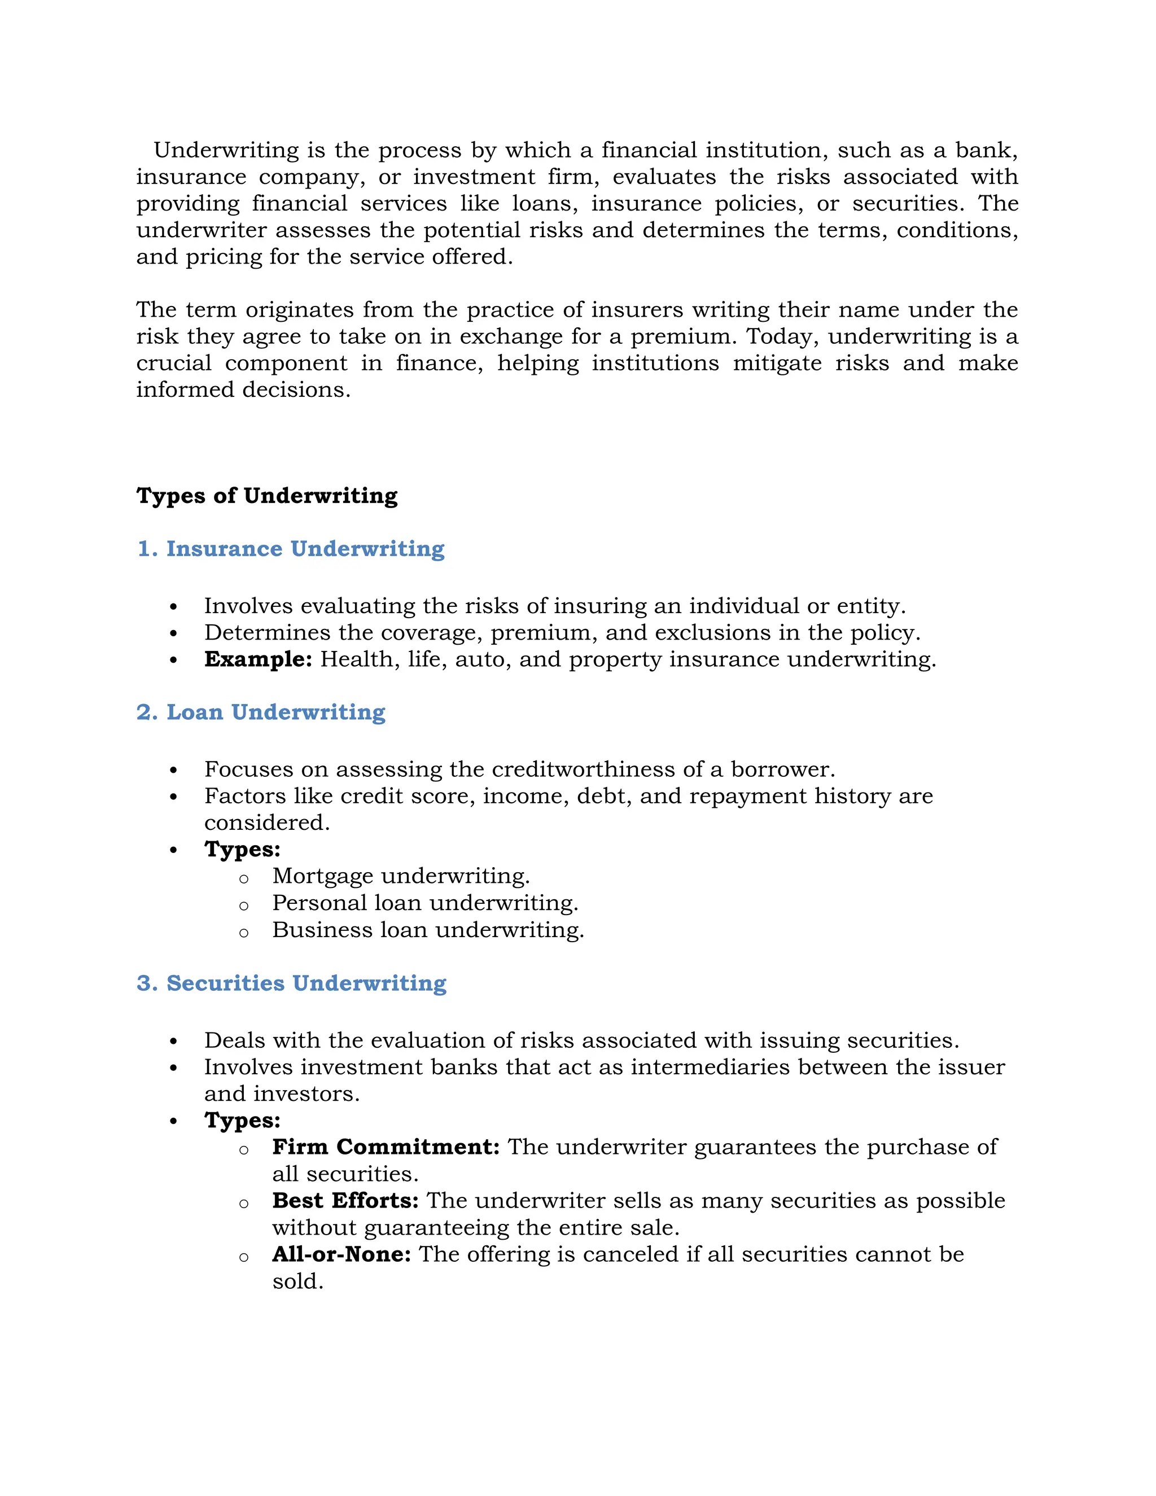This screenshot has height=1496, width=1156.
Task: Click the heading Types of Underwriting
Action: point(266,495)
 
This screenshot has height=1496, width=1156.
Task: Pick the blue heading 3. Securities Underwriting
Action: point(291,983)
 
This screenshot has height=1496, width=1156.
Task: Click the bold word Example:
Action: point(258,659)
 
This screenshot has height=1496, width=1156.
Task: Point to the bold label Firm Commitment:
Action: point(386,1147)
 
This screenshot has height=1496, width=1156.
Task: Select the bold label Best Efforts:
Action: point(345,1200)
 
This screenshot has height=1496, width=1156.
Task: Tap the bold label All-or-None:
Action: point(341,1254)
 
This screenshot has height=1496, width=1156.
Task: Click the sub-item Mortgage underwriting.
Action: point(401,876)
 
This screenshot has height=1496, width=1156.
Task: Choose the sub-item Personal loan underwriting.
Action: point(424,903)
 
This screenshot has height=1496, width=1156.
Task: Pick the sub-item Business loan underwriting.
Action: point(428,930)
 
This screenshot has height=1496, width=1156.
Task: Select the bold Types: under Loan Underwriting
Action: point(242,850)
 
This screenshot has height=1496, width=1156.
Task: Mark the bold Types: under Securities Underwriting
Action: point(242,1120)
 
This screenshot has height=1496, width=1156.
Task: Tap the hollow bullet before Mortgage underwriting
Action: point(244,879)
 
